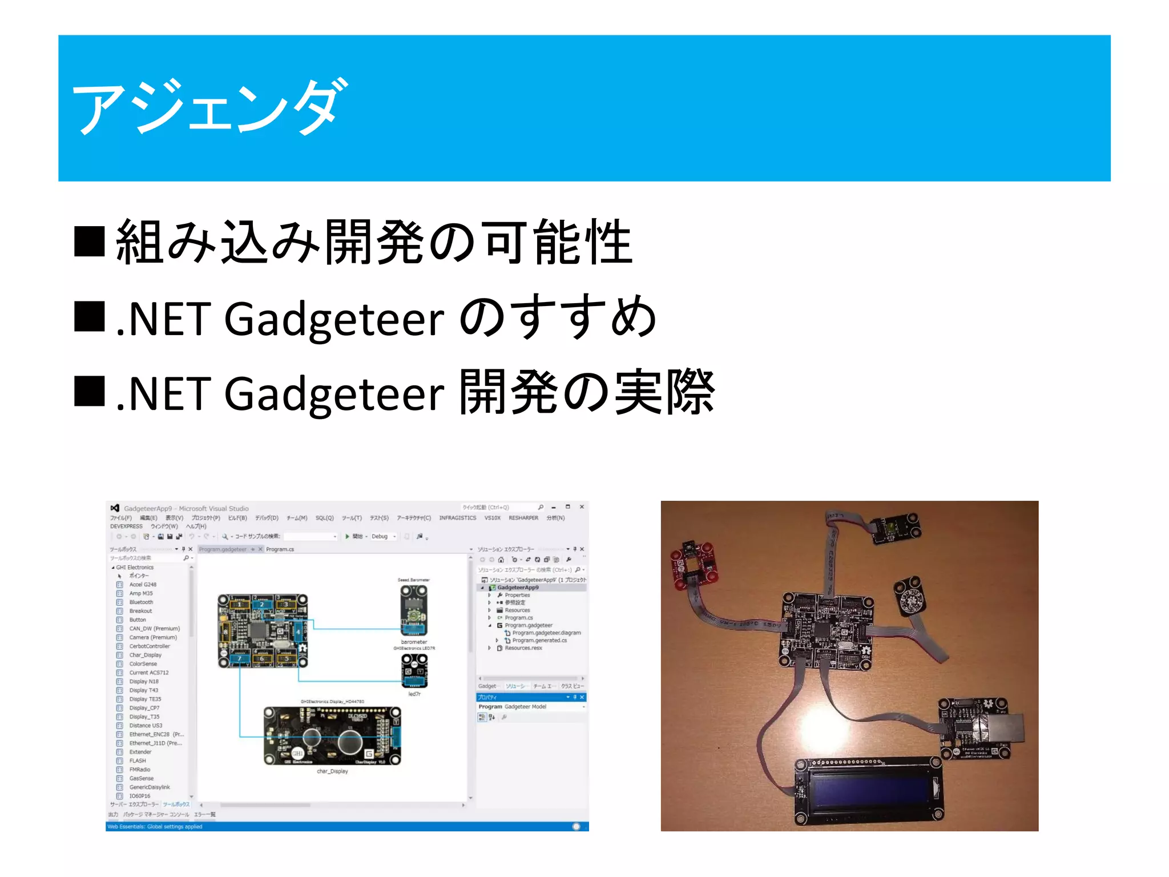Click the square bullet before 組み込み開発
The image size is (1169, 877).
90,242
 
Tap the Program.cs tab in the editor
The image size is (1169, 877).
280,549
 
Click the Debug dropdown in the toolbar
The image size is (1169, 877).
382,537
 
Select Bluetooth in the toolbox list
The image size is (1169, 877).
141,602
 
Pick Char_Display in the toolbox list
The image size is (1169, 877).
145,655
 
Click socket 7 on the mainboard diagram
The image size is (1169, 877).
239,659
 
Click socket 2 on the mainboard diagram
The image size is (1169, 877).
262,604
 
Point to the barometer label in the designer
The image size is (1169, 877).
414,642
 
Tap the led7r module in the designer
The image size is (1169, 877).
414,670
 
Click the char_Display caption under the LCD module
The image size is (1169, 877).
332,771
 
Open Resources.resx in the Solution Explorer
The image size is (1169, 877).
523,648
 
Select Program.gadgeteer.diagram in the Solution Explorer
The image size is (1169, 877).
546,633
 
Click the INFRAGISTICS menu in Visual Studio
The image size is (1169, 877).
457,518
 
